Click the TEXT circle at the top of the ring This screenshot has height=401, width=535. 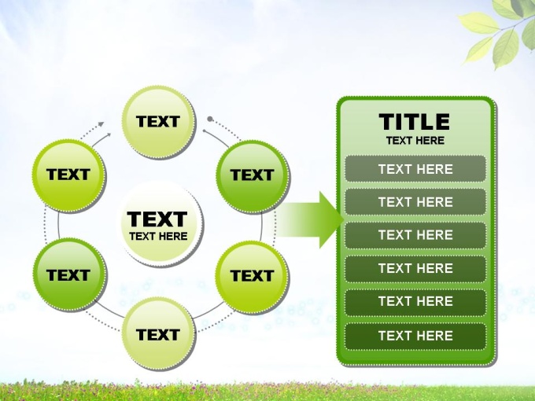click(x=158, y=122)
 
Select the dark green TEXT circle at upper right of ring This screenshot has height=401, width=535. click(x=253, y=176)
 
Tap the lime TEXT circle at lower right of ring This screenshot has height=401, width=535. click(x=252, y=277)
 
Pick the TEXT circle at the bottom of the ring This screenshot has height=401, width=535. click(x=158, y=333)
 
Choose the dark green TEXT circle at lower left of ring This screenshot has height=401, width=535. click(x=69, y=274)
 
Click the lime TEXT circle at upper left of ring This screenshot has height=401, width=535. click(x=69, y=175)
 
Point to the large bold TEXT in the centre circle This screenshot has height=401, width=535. click(x=157, y=219)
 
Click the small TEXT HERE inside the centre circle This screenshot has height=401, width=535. click(x=158, y=237)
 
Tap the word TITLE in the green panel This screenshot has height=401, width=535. click(x=414, y=122)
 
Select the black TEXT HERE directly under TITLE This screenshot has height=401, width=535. click(x=415, y=141)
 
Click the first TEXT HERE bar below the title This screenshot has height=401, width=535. click(x=415, y=169)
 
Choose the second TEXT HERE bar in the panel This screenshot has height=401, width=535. click(x=415, y=202)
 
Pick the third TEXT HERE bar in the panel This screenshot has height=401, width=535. click(x=415, y=235)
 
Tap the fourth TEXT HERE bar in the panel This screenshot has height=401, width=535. click(x=415, y=268)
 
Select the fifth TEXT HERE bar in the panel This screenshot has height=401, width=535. click(x=415, y=301)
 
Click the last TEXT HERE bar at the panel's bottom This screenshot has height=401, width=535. click(x=415, y=336)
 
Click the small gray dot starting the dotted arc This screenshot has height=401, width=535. click(x=210, y=119)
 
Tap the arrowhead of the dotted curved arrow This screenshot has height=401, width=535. click(x=101, y=124)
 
